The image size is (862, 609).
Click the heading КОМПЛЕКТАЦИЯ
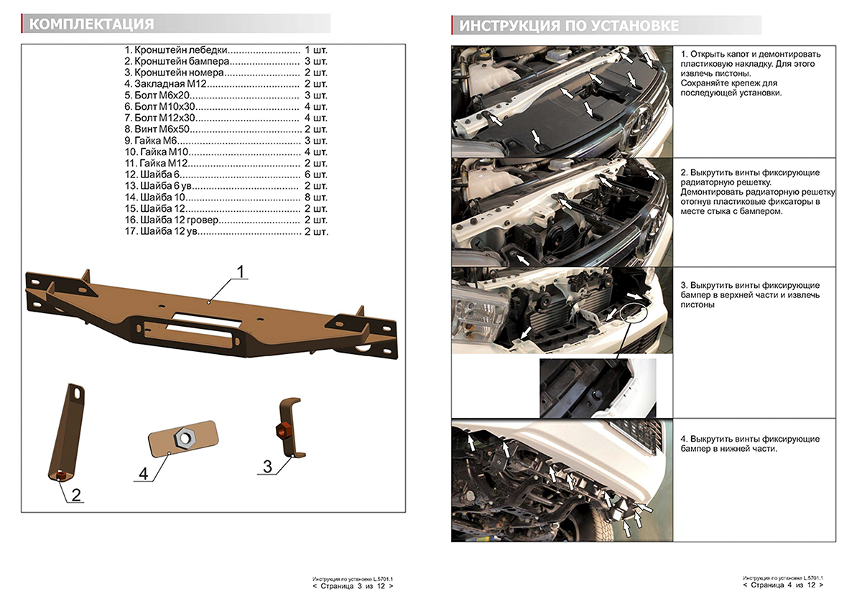[92, 24]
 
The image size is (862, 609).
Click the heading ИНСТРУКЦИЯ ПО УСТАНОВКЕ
[569, 26]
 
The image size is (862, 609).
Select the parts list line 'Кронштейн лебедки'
[177, 51]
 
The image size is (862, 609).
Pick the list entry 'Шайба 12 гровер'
[172, 219]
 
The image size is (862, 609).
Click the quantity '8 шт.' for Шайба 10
[316, 197]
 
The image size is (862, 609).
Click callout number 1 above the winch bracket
[241, 272]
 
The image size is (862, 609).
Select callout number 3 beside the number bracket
[267, 467]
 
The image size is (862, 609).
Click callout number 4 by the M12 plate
[143, 474]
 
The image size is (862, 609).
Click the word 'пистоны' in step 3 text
[697, 304]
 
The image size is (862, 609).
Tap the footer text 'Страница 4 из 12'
[783, 585]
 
